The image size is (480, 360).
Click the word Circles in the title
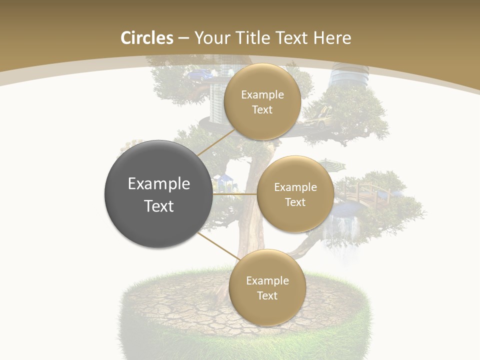coord(146,38)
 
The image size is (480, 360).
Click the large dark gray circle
coord(158,194)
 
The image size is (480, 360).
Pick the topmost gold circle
coord(262,101)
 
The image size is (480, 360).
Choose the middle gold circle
coord(295,194)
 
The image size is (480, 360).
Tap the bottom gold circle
coord(267,287)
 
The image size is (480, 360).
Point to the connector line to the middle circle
coord(235,194)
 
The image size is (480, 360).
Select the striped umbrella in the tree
coord(332,164)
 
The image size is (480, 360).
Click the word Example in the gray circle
coord(158,183)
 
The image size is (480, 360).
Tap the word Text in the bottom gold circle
coord(267,295)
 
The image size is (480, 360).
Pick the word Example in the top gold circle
coord(262,94)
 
